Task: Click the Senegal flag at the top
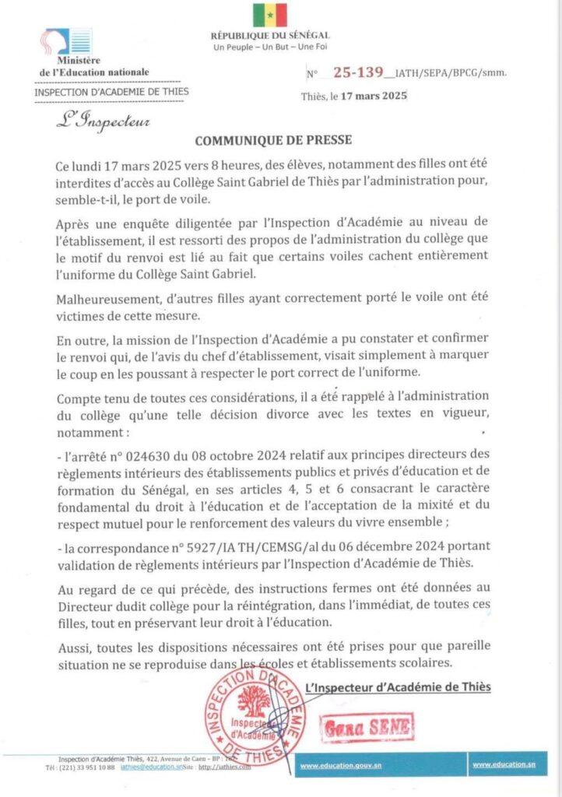270,15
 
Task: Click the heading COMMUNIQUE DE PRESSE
273,140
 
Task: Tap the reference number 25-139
358,72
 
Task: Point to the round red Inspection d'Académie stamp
255,717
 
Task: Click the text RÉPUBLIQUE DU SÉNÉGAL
270,36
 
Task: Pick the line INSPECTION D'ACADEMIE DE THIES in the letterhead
111,91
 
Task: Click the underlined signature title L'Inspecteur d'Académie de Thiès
399,687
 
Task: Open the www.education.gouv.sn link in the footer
339,766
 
